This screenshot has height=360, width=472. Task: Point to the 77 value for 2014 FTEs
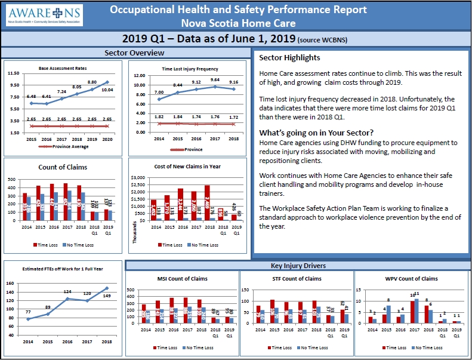click(27, 312)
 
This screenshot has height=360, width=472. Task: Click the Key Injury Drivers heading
click(298, 266)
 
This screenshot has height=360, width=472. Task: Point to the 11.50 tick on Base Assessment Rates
click(14, 73)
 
